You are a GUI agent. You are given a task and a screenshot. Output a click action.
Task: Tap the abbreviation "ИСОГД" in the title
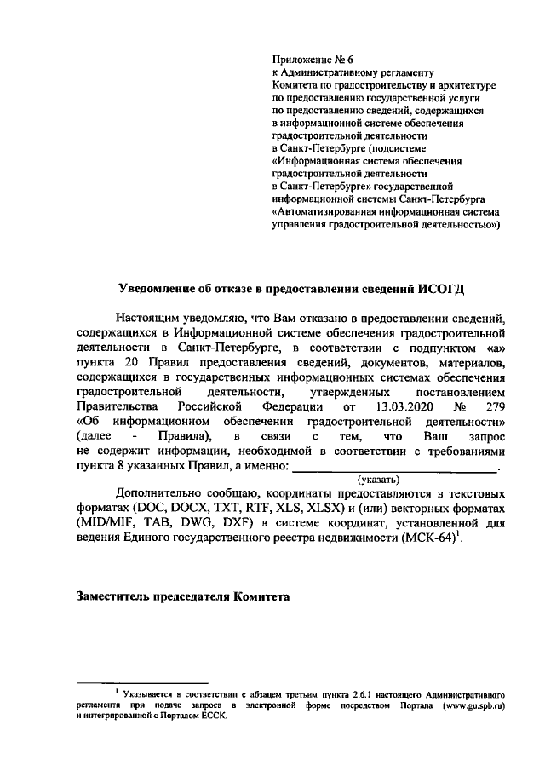coord(443,286)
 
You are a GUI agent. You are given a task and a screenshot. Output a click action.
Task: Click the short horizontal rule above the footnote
coord(142,682)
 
